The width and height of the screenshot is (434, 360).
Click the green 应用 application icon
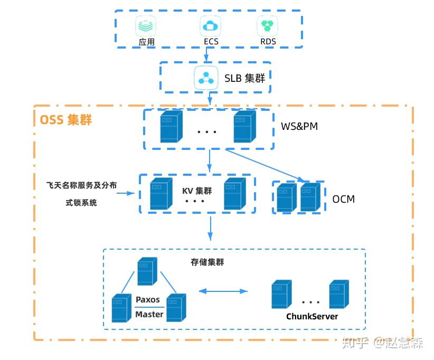click(146, 25)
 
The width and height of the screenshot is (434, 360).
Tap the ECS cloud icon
click(210, 25)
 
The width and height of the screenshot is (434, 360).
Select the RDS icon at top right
click(267, 25)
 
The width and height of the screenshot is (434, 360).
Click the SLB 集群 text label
click(244, 78)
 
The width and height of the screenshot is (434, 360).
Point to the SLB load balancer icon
click(205, 78)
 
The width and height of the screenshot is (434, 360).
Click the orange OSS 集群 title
click(66, 120)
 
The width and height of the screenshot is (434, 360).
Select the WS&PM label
click(299, 127)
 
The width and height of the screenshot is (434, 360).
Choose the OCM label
click(343, 199)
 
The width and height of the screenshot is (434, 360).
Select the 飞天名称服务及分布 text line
click(81, 185)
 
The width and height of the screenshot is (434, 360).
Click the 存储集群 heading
click(207, 262)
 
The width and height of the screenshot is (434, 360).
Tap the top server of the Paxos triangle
click(146, 271)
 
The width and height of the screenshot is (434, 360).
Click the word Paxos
click(147, 299)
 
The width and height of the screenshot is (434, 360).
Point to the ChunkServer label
click(312, 316)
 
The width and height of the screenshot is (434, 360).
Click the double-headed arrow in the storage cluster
click(223, 291)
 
